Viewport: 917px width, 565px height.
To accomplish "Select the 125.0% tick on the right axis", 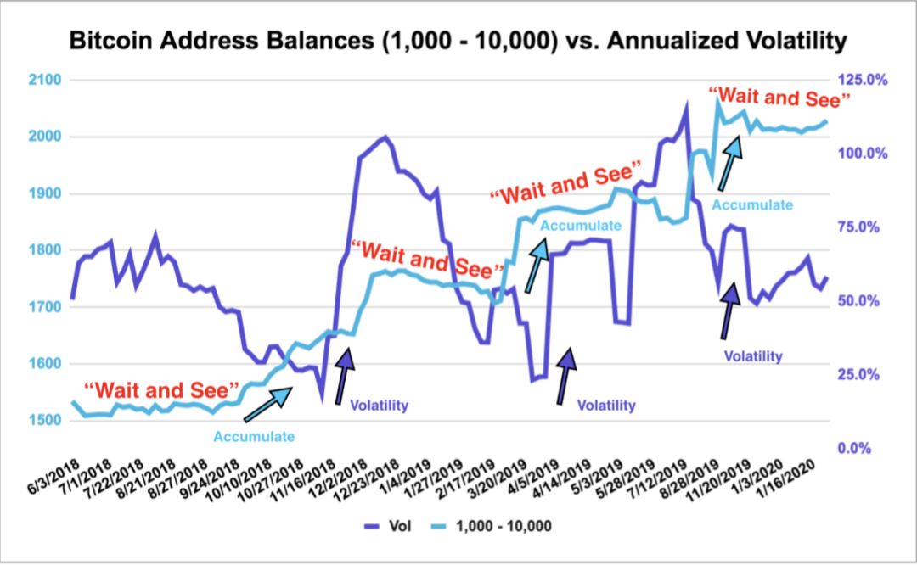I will point(864,80).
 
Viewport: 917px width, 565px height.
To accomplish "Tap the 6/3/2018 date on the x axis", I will point(53,471).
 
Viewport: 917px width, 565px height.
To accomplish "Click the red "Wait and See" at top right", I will point(779,98).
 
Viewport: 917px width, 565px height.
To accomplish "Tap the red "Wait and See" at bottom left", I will point(166,391).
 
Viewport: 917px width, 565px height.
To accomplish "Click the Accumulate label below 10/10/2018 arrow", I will point(254,437).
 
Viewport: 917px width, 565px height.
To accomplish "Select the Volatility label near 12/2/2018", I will point(379,406).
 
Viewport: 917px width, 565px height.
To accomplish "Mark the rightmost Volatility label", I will point(753,356).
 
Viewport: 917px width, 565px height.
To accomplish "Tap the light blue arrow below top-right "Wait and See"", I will point(727,160).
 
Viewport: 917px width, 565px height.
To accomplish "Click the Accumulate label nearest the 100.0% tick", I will point(752,204).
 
